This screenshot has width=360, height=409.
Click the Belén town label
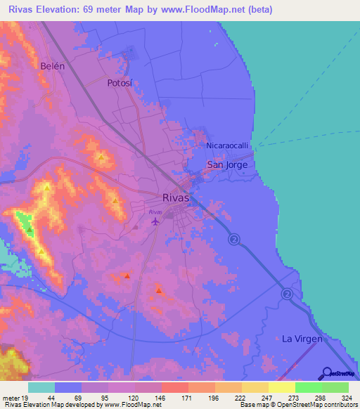tap(53, 66)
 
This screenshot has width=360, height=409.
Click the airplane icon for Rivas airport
tap(155, 222)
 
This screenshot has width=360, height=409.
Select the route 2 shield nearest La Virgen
tap(287, 293)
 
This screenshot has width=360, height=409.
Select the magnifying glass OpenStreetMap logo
tap(327, 372)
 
